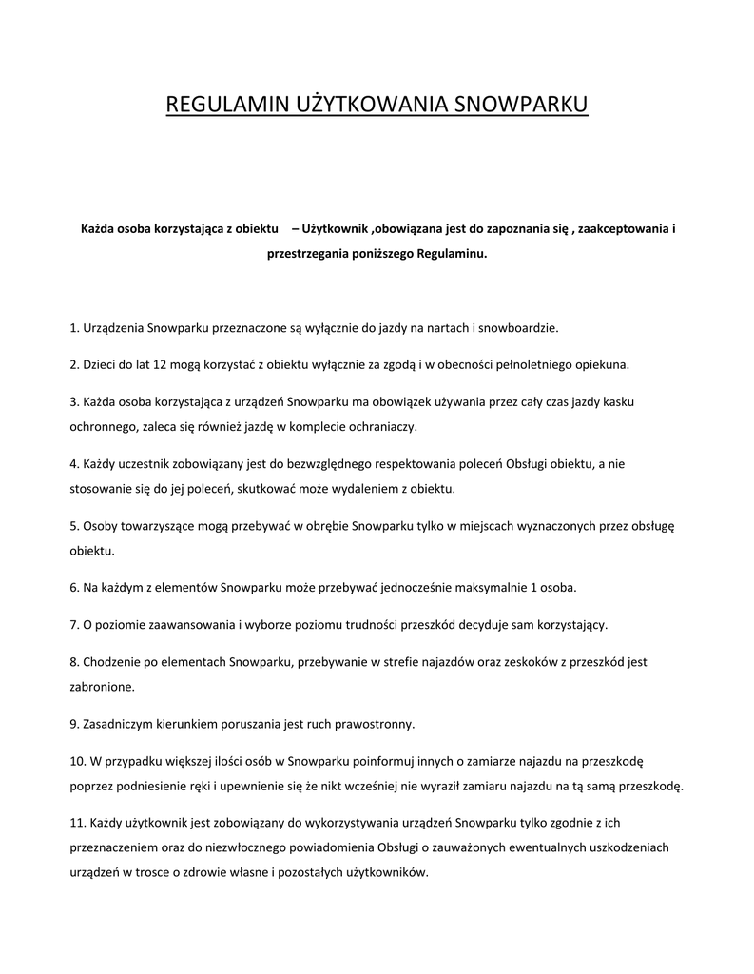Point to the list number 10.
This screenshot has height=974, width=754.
point(77,760)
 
